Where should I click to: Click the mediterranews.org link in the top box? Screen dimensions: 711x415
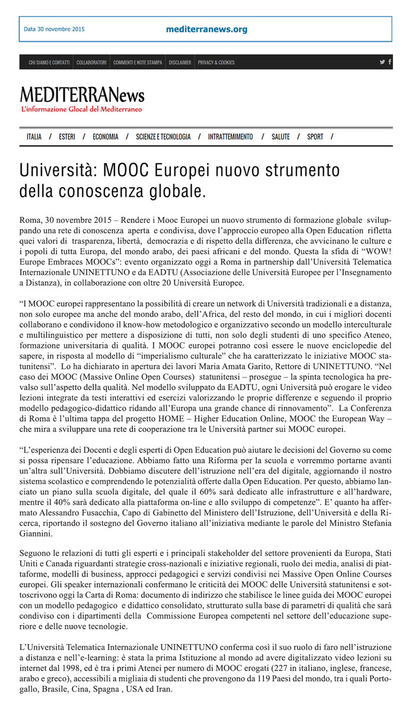pyautogui.click(x=207, y=29)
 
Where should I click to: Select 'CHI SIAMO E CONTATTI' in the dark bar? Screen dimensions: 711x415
pyautogui.click(x=49, y=62)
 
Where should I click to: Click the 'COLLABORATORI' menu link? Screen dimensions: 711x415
pyautogui.click(x=91, y=62)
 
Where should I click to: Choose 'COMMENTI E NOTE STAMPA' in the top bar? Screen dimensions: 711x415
pyautogui.click(x=138, y=62)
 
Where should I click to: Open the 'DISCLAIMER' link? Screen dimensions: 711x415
pyautogui.click(x=180, y=62)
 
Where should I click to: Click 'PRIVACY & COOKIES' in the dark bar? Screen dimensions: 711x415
pyautogui.click(x=216, y=62)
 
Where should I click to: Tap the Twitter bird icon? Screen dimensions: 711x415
pyautogui.click(x=382, y=62)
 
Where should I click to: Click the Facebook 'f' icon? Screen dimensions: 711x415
pyautogui.click(x=390, y=62)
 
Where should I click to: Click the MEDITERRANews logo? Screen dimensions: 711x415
pyautogui.click(x=82, y=95)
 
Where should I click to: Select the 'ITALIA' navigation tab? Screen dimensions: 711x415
pyautogui.click(x=34, y=137)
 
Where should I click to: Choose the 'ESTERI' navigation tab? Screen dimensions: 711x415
pyautogui.click(x=67, y=137)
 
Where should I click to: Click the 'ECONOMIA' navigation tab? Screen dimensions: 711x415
pyautogui.click(x=106, y=137)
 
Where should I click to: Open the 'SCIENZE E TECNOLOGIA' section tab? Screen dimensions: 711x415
pyautogui.click(x=163, y=137)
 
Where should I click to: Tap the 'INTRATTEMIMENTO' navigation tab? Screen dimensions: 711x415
pyautogui.click(x=230, y=137)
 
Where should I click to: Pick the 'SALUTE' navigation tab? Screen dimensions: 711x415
pyautogui.click(x=280, y=137)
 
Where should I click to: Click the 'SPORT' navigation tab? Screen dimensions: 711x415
pyautogui.click(x=315, y=137)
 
